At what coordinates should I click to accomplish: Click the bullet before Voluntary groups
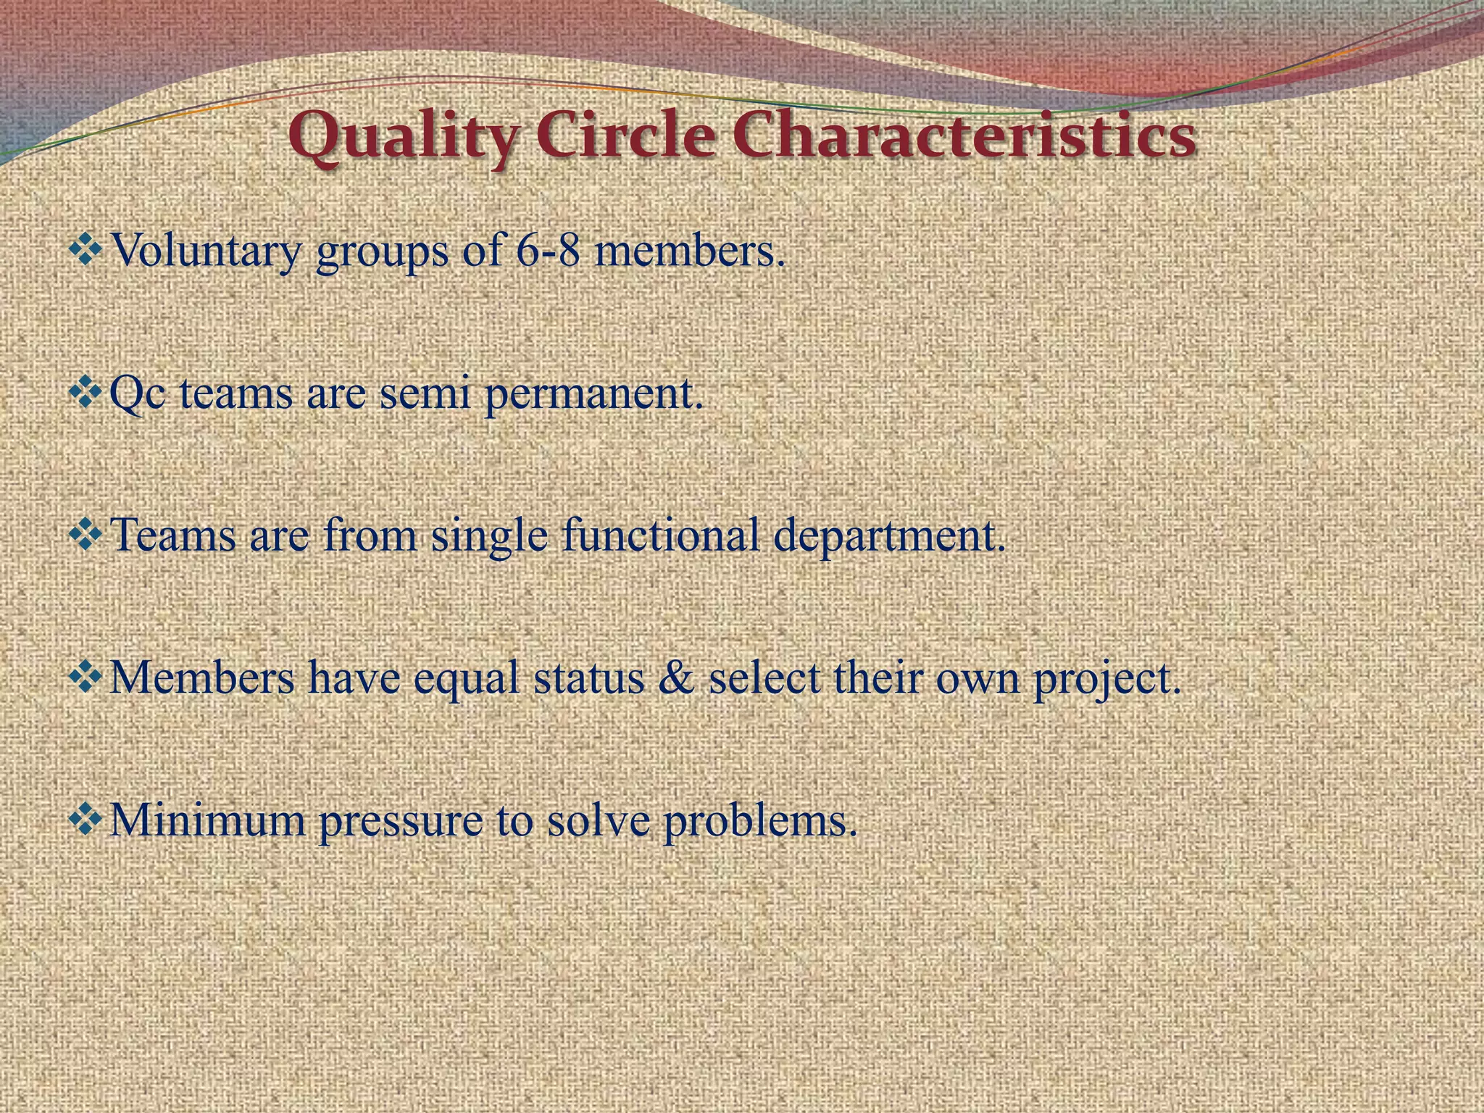coord(87,251)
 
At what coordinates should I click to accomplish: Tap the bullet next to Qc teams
coord(87,393)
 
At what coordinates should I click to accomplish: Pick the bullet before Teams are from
coord(87,535)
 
